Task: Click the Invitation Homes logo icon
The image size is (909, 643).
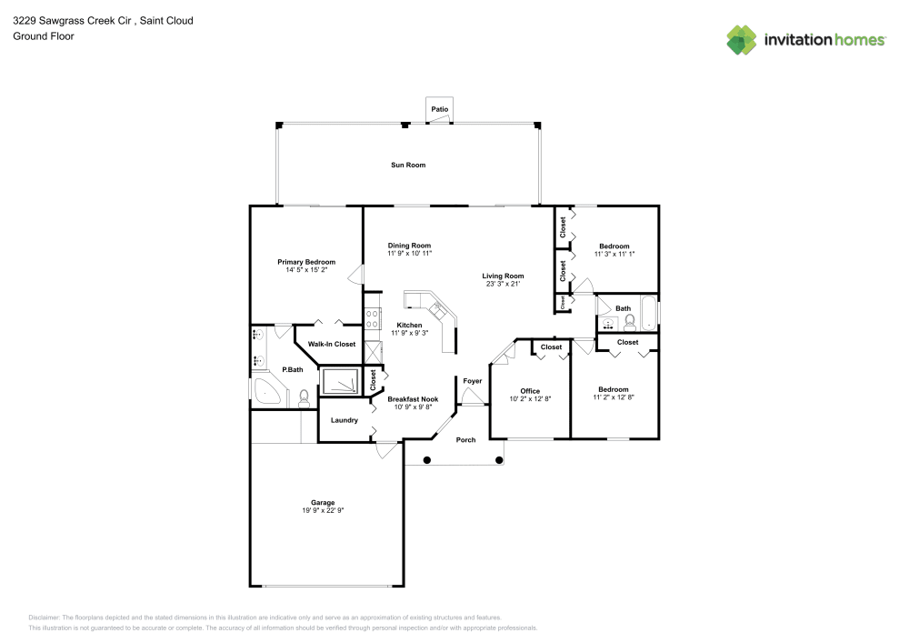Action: coord(741,39)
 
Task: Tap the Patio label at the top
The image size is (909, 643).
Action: coord(440,109)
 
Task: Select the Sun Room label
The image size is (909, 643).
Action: coord(408,165)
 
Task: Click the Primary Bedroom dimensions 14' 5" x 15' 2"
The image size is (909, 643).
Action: coord(306,270)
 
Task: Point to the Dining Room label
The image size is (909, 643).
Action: coord(409,246)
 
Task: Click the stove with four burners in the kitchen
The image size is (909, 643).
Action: coord(371,318)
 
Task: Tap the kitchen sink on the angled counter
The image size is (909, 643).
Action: coord(435,308)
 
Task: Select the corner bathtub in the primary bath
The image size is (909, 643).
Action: coord(268,393)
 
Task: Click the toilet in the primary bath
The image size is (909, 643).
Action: coord(305,397)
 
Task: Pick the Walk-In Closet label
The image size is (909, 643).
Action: coord(331,345)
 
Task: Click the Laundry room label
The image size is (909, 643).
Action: coord(344,420)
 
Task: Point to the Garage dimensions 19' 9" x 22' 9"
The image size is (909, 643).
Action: coord(323,511)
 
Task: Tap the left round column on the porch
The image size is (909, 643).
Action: coord(427,460)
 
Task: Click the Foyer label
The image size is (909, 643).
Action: coord(472,381)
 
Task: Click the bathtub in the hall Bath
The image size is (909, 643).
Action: coord(648,314)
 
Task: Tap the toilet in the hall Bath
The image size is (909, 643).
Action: coord(629,321)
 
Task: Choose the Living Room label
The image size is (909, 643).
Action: coord(503,276)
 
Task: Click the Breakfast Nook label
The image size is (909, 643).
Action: coord(413,399)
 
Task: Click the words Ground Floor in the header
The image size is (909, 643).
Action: coord(43,36)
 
